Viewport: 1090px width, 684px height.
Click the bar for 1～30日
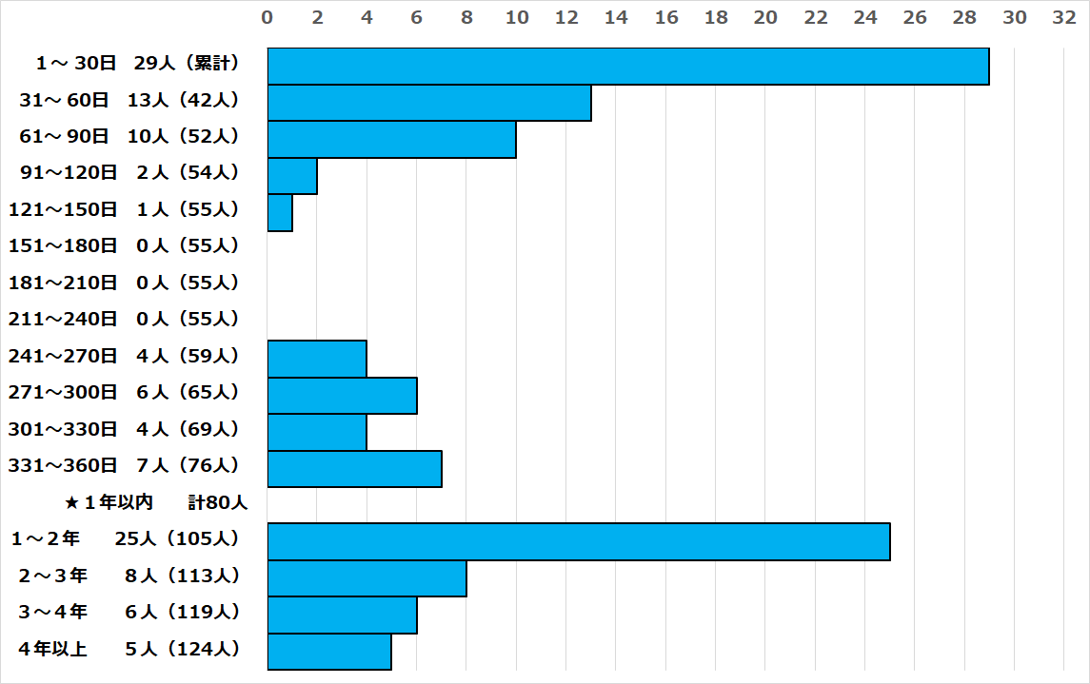[x=628, y=67]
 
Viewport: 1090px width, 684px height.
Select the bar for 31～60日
[x=429, y=103]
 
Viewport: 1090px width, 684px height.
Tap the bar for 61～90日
[x=391, y=140]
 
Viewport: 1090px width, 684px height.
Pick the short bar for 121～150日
[x=280, y=212]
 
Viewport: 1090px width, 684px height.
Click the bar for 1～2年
[x=579, y=541]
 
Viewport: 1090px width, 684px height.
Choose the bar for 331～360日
[x=354, y=469]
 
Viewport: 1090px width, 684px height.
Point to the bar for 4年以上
[x=329, y=652]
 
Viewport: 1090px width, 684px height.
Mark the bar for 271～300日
[x=342, y=396]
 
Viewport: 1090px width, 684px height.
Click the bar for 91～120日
[x=292, y=176]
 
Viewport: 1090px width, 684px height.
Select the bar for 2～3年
[x=367, y=578]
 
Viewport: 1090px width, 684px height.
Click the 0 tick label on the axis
[x=268, y=18]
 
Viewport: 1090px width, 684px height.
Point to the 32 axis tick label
[x=1064, y=18]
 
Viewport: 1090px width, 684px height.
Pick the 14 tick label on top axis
[x=616, y=18]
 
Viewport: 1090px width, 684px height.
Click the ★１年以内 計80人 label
[x=156, y=502]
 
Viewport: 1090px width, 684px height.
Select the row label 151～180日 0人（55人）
[x=124, y=245]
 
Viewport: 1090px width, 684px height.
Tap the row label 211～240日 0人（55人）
[x=124, y=319]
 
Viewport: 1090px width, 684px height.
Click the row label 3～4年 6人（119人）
[x=129, y=612]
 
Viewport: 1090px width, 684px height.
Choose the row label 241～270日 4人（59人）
[x=124, y=356]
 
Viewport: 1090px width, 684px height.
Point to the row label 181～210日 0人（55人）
[x=124, y=283]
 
